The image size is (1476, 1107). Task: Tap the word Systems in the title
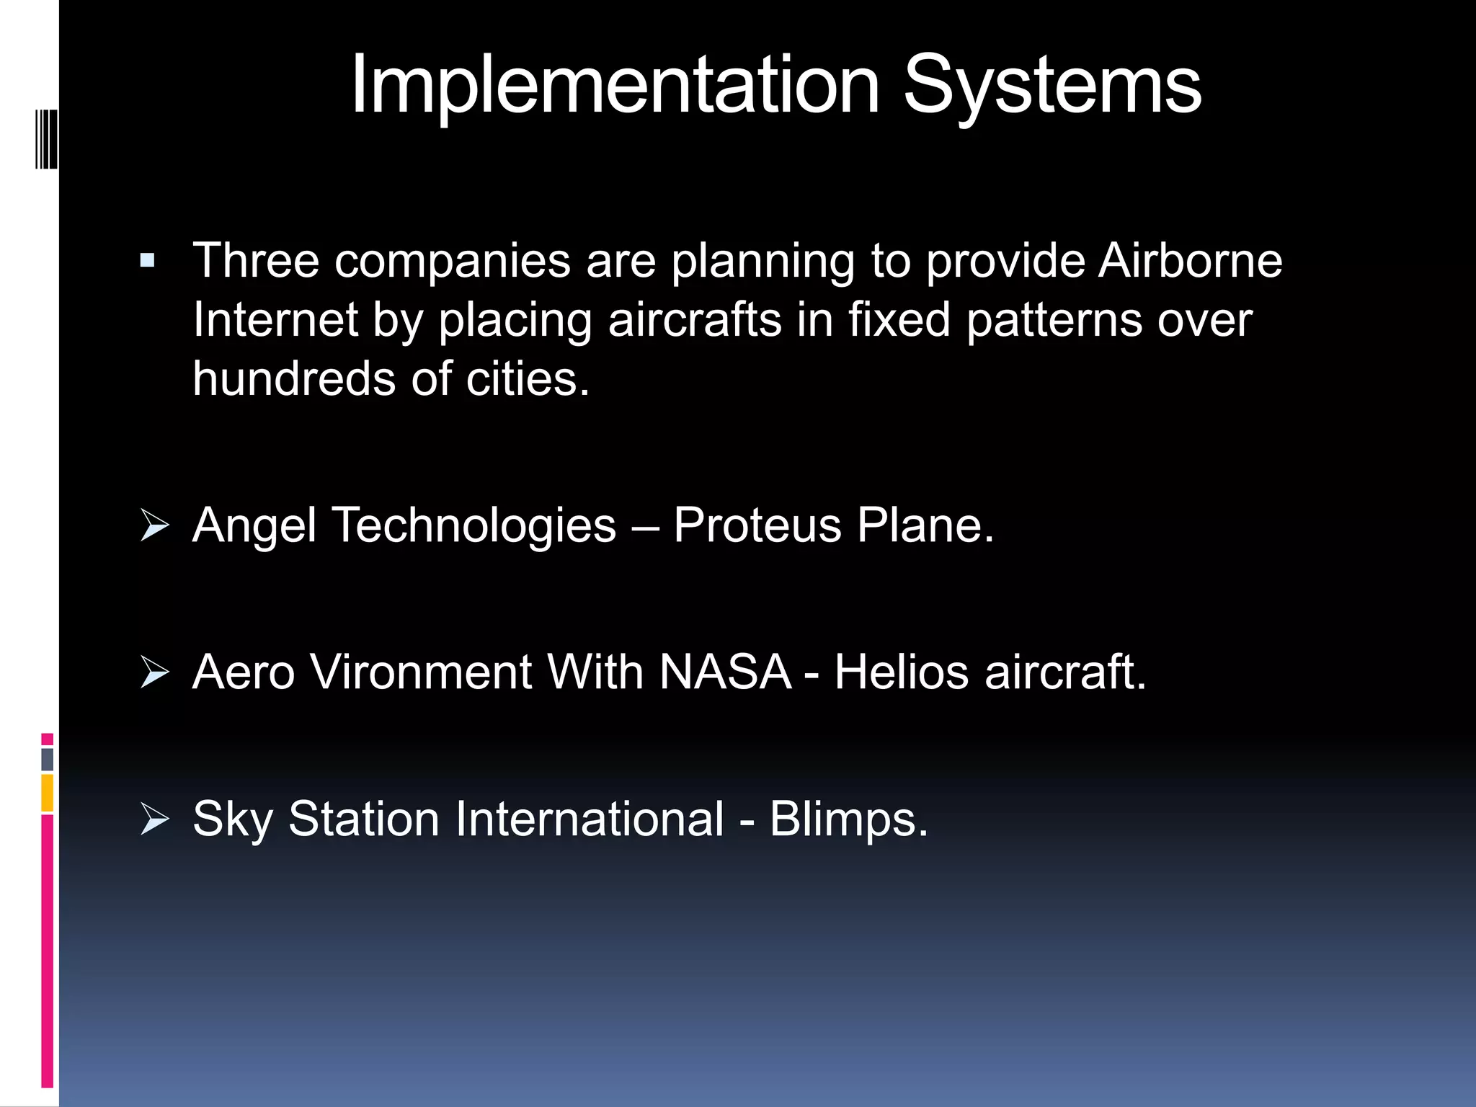click(x=1052, y=86)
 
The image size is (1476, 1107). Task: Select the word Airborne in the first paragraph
click(x=1190, y=260)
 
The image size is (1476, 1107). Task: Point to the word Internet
click(x=275, y=320)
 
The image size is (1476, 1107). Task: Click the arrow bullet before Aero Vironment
click(x=154, y=672)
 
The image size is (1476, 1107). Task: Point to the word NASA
click(x=725, y=672)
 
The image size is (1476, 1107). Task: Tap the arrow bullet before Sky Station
click(x=154, y=819)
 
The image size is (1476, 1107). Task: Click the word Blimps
click(x=848, y=819)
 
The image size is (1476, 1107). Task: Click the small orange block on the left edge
click(x=47, y=793)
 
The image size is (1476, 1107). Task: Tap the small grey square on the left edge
click(x=47, y=759)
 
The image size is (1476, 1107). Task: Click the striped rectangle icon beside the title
click(x=46, y=138)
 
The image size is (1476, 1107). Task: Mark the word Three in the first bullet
click(x=256, y=260)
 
